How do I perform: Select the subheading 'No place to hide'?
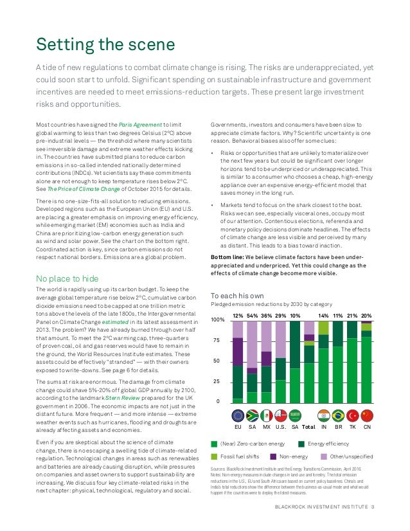pyautogui.click(x=67, y=278)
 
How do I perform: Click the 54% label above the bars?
pyautogui.click(x=253, y=316)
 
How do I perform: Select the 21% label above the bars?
pyautogui.click(x=352, y=316)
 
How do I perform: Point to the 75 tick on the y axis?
pyautogui.click(x=217, y=341)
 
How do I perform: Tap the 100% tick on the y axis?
pyautogui.click(x=218, y=319)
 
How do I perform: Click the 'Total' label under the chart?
pyautogui.click(x=309, y=427)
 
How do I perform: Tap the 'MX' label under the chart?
pyautogui.click(x=267, y=427)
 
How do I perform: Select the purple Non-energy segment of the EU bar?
pyautogui.click(x=238, y=351)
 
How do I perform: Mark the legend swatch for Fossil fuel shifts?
pyautogui.click(x=215, y=456)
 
